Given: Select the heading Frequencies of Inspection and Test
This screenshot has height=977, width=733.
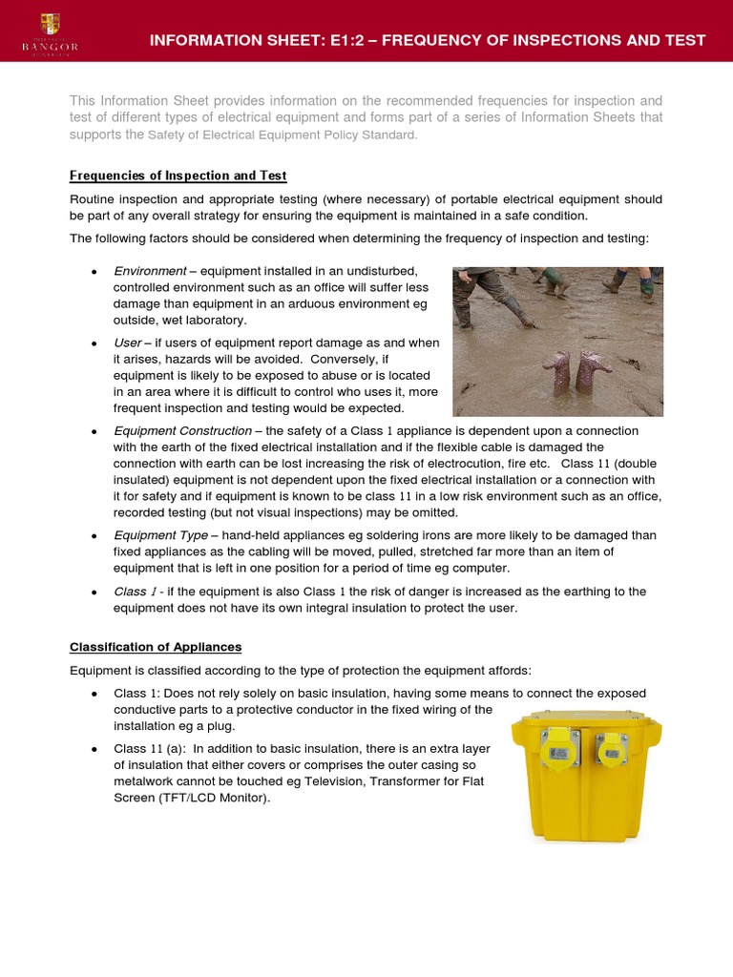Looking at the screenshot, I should (x=178, y=176).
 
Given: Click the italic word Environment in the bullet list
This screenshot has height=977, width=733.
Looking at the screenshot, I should (x=150, y=272).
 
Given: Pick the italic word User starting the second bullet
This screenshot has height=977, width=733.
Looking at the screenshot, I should (x=127, y=343).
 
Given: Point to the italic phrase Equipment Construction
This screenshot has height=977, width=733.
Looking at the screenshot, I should (x=182, y=431).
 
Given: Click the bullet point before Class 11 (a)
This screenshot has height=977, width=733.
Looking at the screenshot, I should (x=93, y=748).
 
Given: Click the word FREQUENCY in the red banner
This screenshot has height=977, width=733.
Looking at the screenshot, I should (x=468, y=40).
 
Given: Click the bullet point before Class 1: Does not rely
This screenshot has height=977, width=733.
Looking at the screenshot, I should (x=93, y=693).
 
